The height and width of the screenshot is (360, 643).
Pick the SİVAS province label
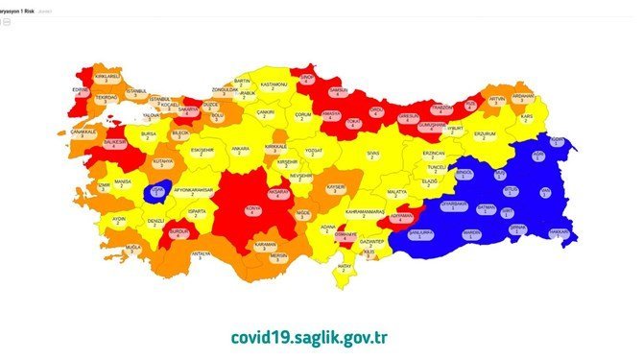tap(374, 155)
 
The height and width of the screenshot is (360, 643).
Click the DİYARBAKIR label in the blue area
tap(454, 205)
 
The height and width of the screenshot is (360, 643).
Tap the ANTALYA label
tap(201, 255)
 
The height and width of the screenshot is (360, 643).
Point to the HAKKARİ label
tap(559, 233)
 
